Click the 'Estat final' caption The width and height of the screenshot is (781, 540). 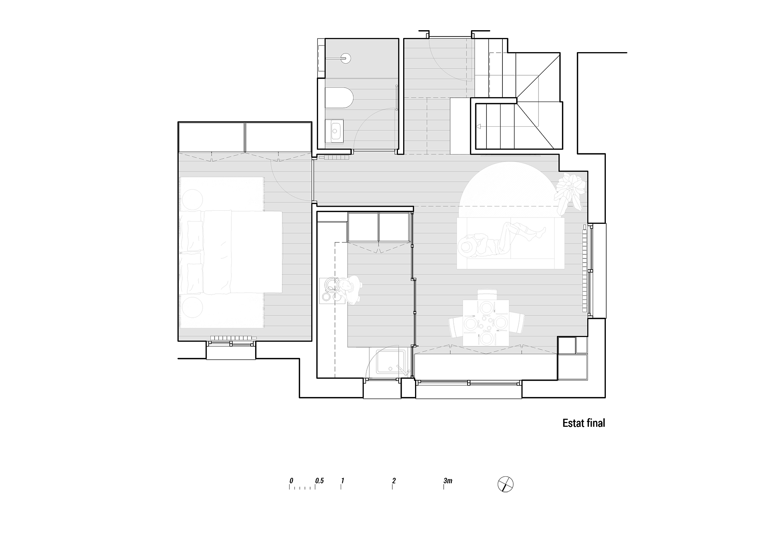pos(584,423)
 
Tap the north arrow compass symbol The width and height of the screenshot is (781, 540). pos(505,484)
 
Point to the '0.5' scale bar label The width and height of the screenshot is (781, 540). pos(319,481)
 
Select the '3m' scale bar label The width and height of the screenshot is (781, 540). pos(448,481)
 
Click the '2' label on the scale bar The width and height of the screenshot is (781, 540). pos(393,481)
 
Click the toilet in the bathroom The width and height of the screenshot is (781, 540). pos(339,98)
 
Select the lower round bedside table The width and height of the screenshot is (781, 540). pos(192,306)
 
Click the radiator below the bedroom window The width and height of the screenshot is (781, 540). pos(232,338)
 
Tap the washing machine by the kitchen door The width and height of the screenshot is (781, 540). pos(391,361)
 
